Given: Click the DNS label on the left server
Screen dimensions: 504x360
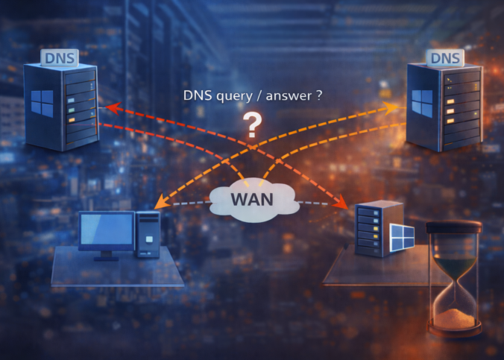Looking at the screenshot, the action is click(60, 58).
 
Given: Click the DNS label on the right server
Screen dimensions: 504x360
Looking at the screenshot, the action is click(445, 58).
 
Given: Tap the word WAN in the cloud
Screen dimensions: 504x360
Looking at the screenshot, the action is click(252, 199).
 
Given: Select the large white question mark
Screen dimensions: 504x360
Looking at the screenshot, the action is click(252, 125).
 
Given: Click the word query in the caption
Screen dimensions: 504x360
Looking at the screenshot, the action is click(234, 96).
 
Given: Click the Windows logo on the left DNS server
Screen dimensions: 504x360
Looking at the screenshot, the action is click(42, 103).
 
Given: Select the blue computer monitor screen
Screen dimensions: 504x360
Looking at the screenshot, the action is click(107, 229).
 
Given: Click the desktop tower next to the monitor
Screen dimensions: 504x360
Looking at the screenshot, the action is click(148, 235).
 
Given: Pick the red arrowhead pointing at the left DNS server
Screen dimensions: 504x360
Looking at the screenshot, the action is click(113, 108).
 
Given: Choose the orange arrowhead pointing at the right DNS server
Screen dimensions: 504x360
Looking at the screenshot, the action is click(391, 108).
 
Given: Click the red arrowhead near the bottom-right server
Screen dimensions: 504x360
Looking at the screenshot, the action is click(341, 201).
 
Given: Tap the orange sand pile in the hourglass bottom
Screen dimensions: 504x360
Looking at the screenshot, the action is click(454, 318).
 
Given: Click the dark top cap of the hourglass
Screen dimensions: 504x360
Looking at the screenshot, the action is click(454, 227).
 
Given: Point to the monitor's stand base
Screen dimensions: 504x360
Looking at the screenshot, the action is click(107, 259).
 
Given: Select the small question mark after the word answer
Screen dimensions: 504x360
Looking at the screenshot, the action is click(319, 96).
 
